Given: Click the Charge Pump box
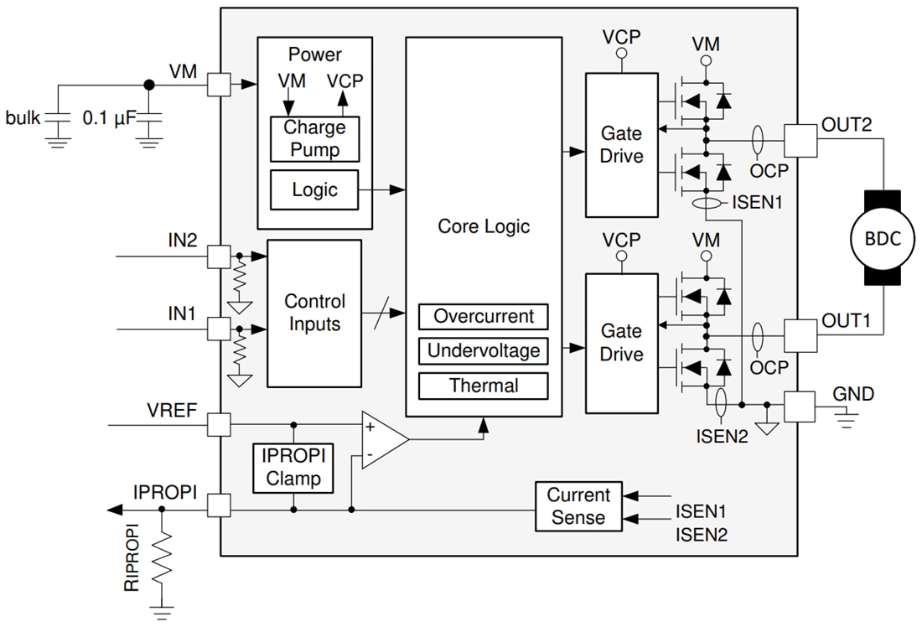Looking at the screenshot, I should pyautogui.click(x=314, y=139).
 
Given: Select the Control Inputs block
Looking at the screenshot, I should pyautogui.click(x=313, y=313).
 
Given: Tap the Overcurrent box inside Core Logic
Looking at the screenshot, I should pyautogui.click(x=484, y=317).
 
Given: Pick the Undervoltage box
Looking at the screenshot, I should pyautogui.click(x=484, y=351).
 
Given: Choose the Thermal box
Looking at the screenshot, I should pyautogui.click(x=484, y=386).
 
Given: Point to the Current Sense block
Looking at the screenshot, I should pyautogui.click(x=578, y=507).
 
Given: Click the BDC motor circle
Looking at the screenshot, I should pyautogui.click(x=883, y=239).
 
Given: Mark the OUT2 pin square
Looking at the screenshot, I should pyautogui.click(x=799, y=137).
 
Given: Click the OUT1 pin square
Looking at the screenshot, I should pyautogui.click(x=799, y=334).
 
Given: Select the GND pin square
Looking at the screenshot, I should pyautogui.click(x=799, y=407).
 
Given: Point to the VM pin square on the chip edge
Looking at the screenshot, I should pyautogui.click(x=219, y=84).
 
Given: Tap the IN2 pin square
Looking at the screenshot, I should pyautogui.click(x=219, y=256).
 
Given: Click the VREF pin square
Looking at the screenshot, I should pyautogui.click(x=219, y=424).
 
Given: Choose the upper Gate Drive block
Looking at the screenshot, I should pyautogui.click(x=621, y=145).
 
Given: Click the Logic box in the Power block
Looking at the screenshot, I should pyautogui.click(x=314, y=190).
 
